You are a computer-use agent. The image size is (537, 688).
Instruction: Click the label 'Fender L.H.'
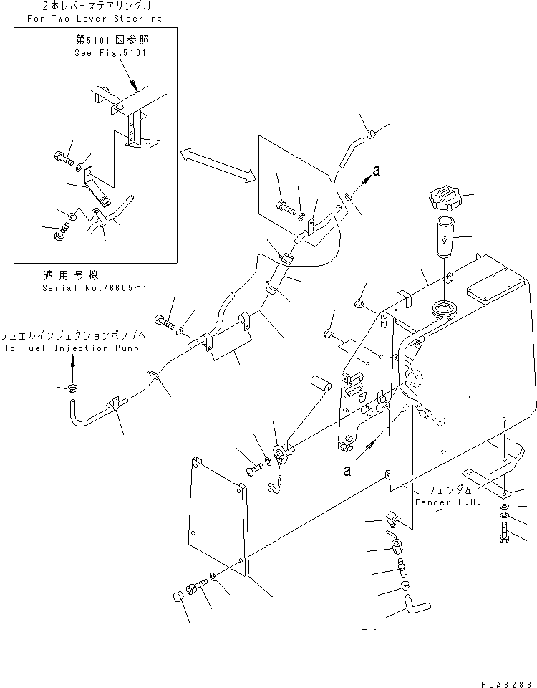coord(441,502)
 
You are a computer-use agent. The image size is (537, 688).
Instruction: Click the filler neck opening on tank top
coord(442,310)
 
